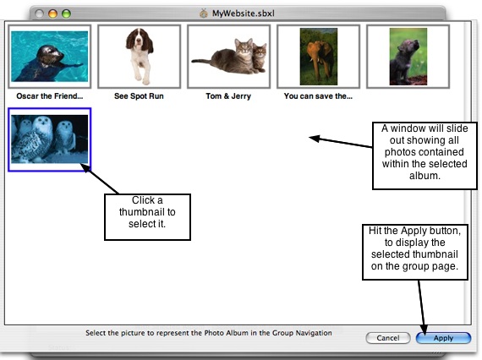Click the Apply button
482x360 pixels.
443,338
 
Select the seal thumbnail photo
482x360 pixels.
50,57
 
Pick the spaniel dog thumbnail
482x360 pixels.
139,57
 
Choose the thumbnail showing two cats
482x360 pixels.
228,57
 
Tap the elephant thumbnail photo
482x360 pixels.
318,57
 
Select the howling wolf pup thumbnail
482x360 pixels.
408,57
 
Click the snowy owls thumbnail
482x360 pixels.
50,139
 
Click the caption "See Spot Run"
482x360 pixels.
139,96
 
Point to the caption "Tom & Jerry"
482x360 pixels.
228,96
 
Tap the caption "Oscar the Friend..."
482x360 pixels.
50,96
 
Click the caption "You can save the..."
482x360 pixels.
318,96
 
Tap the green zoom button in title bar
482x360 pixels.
66,14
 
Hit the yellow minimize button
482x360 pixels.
52,14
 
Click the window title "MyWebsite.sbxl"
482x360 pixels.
244,14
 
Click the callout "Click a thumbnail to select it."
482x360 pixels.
147,217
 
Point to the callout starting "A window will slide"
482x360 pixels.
424,155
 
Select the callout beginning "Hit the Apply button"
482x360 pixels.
415,252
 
